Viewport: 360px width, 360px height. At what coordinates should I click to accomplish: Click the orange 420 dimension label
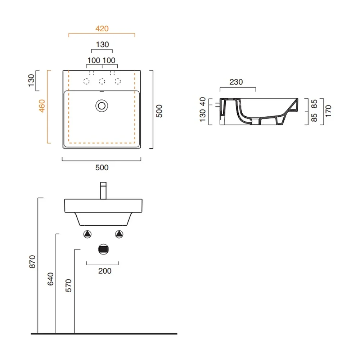click(x=102, y=29)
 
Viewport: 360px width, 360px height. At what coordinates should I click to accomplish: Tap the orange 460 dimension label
click(x=42, y=106)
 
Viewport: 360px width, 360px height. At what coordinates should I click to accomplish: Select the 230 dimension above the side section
click(x=236, y=82)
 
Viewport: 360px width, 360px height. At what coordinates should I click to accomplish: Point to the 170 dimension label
click(x=328, y=111)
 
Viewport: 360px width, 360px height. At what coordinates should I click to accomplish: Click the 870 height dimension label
click(x=32, y=261)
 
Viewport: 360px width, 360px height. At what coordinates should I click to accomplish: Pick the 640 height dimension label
click(x=50, y=279)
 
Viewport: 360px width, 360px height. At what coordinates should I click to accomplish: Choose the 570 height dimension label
click(x=68, y=285)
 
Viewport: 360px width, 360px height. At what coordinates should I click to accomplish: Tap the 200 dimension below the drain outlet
click(x=105, y=271)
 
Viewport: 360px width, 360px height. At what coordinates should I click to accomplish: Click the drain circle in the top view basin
click(x=102, y=106)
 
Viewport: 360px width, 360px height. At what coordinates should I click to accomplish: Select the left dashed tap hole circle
click(x=86, y=81)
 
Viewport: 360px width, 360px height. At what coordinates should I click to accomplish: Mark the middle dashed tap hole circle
click(x=102, y=81)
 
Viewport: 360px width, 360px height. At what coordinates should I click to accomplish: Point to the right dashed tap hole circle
click(x=118, y=81)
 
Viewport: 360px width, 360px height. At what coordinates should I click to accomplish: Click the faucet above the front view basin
click(x=103, y=190)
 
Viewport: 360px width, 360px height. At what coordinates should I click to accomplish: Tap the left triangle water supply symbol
click(x=87, y=234)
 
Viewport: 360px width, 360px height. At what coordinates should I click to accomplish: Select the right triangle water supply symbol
click(x=119, y=234)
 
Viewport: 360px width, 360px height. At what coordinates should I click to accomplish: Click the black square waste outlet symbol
click(x=103, y=249)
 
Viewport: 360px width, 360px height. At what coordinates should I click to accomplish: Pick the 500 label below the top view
click(x=102, y=168)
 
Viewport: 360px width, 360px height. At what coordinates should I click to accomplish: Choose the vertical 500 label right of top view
click(x=159, y=111)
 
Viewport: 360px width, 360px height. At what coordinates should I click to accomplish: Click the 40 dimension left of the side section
click(x=202, y=102)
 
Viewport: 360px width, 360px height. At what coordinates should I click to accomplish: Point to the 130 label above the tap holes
click(x=102, y=45)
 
